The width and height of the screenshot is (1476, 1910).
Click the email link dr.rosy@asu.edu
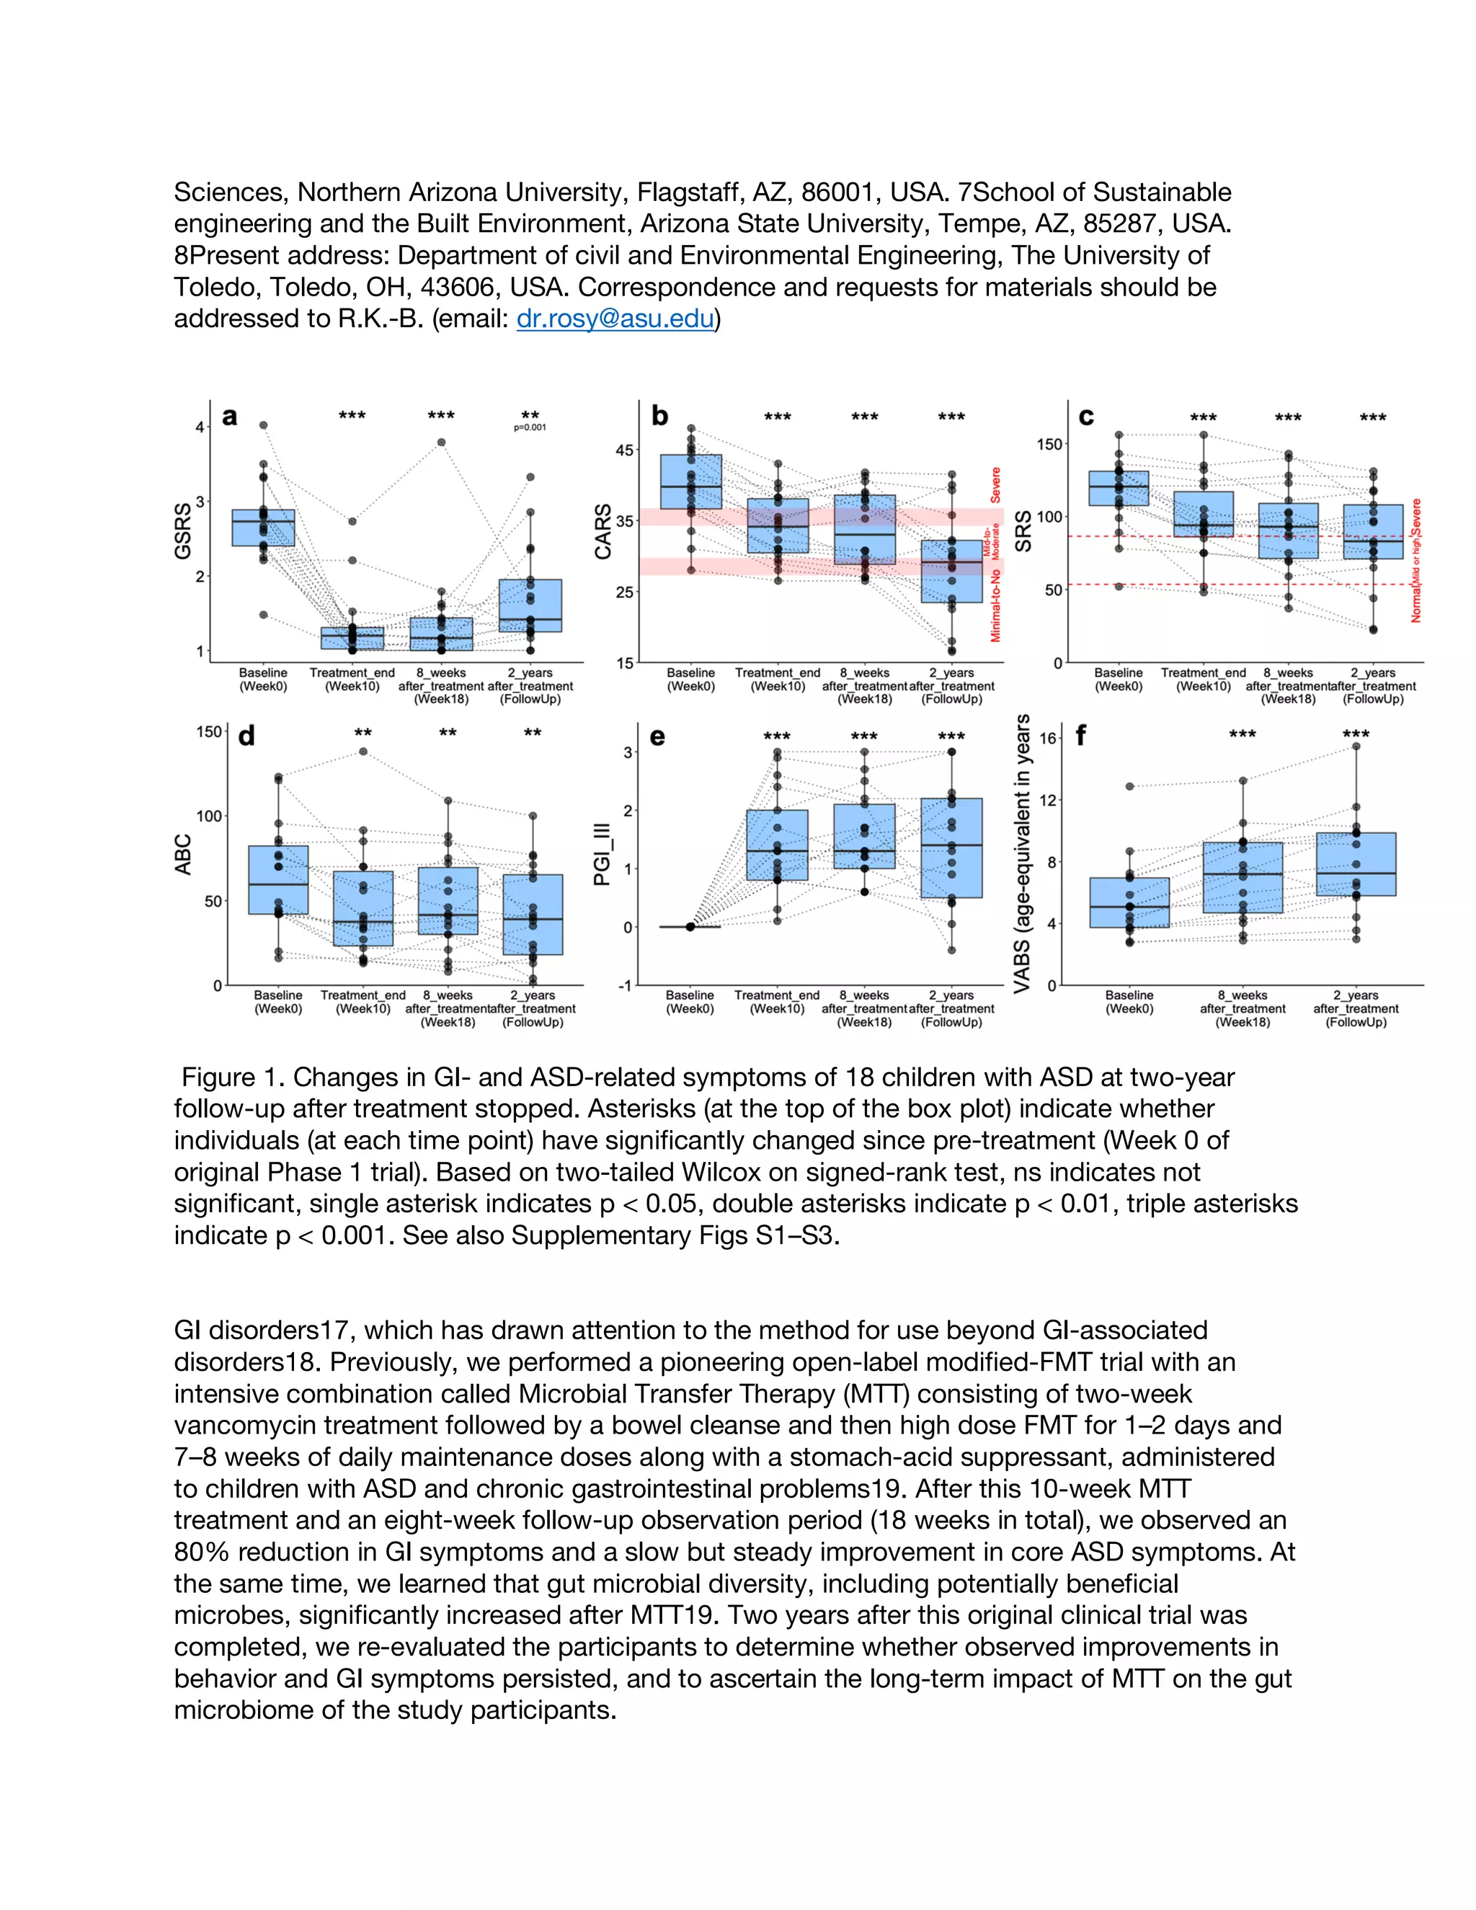point(615,319)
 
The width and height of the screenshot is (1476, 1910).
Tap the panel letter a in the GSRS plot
point(230,417)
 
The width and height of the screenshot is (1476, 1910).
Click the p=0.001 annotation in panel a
point(530,427)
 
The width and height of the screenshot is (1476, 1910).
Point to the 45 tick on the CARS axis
point(624,450)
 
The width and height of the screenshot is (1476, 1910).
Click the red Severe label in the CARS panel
point(995,484)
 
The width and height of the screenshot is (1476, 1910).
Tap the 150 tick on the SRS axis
point(1049,444)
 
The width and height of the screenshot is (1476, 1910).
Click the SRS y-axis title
point(1024,531)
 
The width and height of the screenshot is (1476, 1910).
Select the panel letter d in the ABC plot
point(246,737)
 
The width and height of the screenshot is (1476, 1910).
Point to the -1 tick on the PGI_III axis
point(624,985)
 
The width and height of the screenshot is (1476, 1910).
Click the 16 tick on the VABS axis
point(1049,738)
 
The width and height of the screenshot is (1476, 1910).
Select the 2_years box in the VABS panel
point(1356,864)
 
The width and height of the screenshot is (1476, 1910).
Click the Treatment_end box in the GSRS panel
point(352,638)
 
